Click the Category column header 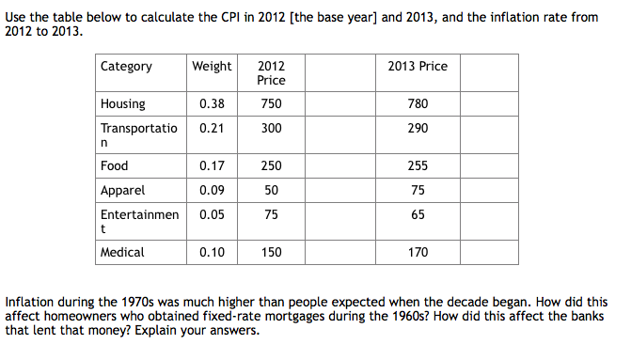pyautogui.click(x=126, y=66)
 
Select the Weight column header pyautogui.click(x=212, y=66)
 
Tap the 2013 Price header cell pyautogui.click(x=418, y=66)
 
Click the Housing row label pyautogui.click(x=123, y=103)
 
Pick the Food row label pyautogui.click(x=115, y=165)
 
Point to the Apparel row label pyautogui.click(x=123, y=190)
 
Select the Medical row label pyautogui.click(x=123, y=252)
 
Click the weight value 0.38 pyautogui.click(x=212, y=103)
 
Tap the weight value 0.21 pyautogui.click(x=212, y=128)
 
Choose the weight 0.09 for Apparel pyautogui.click(x=212, y=190)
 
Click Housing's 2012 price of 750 pyautogui.click(x=271, y=103)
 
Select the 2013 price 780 pyautogui.click(x=418, y=103)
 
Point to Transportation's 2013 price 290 pyautogui.click(x=418, y=128)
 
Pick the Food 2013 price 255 pyautogui.click(x=418, y=165)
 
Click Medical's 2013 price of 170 pyautogui.click(x=418, y=252)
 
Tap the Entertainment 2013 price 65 pyautogui.click(x=418, y=214)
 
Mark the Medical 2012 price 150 pyautogui.click(x=271, y=252)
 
